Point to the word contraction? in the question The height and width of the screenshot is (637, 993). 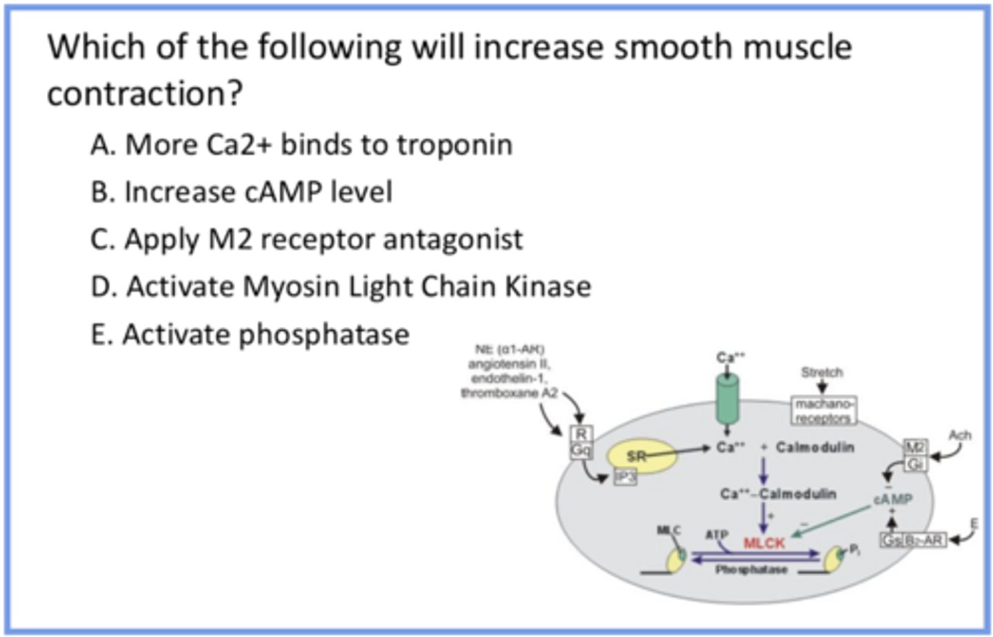145,94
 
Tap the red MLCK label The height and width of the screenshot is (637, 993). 764,543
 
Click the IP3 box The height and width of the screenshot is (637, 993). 625,476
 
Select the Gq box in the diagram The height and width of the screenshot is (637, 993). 581,450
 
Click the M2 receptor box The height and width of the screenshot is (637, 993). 915,447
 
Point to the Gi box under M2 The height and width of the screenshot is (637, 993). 915,464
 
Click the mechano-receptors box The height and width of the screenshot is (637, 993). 823,410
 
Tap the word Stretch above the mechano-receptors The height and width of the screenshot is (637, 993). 821,372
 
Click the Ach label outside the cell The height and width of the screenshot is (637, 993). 959,435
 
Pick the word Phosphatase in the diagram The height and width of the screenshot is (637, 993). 751,569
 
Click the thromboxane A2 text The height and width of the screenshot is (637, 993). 509,393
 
